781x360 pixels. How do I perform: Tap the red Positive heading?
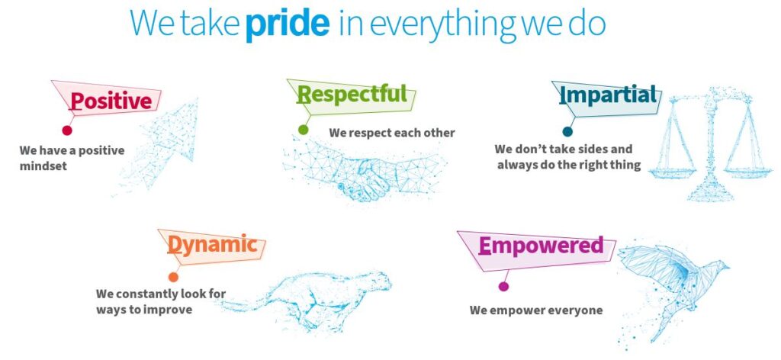[111, 101]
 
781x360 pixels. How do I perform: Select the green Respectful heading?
[352, 94]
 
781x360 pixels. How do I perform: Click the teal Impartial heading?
[608, 95]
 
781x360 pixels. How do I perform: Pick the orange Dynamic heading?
[212, 245]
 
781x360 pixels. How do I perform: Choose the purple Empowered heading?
[541, 246]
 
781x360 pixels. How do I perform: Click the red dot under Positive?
[67, 130]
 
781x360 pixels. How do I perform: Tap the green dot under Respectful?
[303, 130]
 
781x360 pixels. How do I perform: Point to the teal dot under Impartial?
[567, 131]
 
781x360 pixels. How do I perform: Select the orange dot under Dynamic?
[173, 277]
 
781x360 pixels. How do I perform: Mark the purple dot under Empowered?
[503, 286]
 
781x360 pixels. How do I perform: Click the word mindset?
[43, 166]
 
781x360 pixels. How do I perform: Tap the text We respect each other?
[392, 133]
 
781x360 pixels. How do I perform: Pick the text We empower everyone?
[536, 310]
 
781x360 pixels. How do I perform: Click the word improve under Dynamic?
[167, 309]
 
